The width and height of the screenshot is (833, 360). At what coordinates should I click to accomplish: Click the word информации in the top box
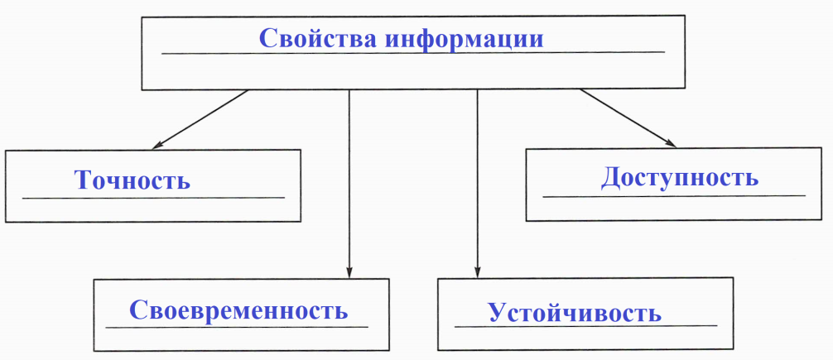point(465,38)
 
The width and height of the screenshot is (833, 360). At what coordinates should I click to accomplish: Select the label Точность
point(132,180)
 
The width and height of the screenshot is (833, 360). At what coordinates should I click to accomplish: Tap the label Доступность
point(680,178)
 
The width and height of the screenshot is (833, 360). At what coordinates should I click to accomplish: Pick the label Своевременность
point(238,310)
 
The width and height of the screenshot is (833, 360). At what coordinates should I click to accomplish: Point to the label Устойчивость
point(575,312)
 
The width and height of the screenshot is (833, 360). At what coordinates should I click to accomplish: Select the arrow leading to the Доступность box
point(628,118)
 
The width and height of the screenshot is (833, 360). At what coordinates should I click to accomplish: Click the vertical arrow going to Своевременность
point(349,184)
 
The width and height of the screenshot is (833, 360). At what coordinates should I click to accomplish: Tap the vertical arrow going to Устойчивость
point(477,184)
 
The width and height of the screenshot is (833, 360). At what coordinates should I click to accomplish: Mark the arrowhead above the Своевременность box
point(349,271)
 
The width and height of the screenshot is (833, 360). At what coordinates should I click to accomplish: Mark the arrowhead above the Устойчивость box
point(477,271)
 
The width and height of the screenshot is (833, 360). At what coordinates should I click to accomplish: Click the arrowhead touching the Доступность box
point(671,143)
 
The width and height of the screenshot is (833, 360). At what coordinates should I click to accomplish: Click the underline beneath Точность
point(153,198)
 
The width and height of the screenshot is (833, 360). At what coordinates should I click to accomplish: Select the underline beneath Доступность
point(674,196)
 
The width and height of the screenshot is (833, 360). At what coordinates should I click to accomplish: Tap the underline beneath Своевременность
point(237,327)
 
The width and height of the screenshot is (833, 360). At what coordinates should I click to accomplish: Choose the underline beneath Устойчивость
point(586,325)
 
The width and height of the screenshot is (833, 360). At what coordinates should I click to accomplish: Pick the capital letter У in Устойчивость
point(498,312)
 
